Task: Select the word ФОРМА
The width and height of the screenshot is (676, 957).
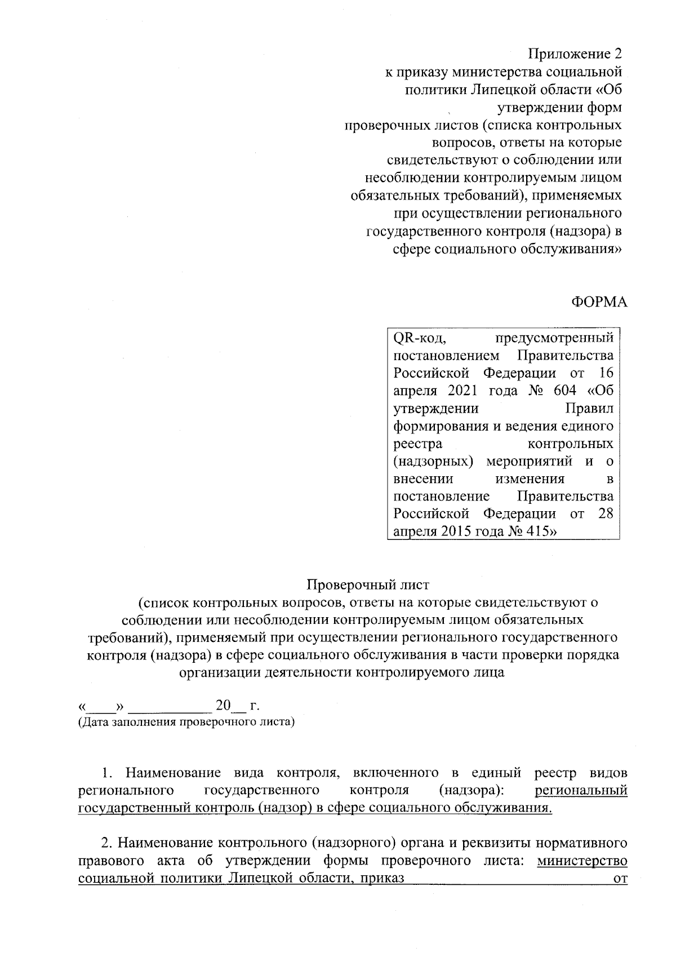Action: pyautogui.click(x=599, y=302)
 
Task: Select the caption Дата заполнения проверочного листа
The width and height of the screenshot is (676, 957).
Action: pyautogui.click(x=186, y=721)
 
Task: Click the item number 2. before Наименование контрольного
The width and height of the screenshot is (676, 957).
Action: pyautogui.click(x=107, y=843)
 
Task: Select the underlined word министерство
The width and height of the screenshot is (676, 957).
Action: pyautogui.click(x=582, y=861)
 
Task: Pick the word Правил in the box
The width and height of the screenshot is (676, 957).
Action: pyautogui.click(x=589, y=408)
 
